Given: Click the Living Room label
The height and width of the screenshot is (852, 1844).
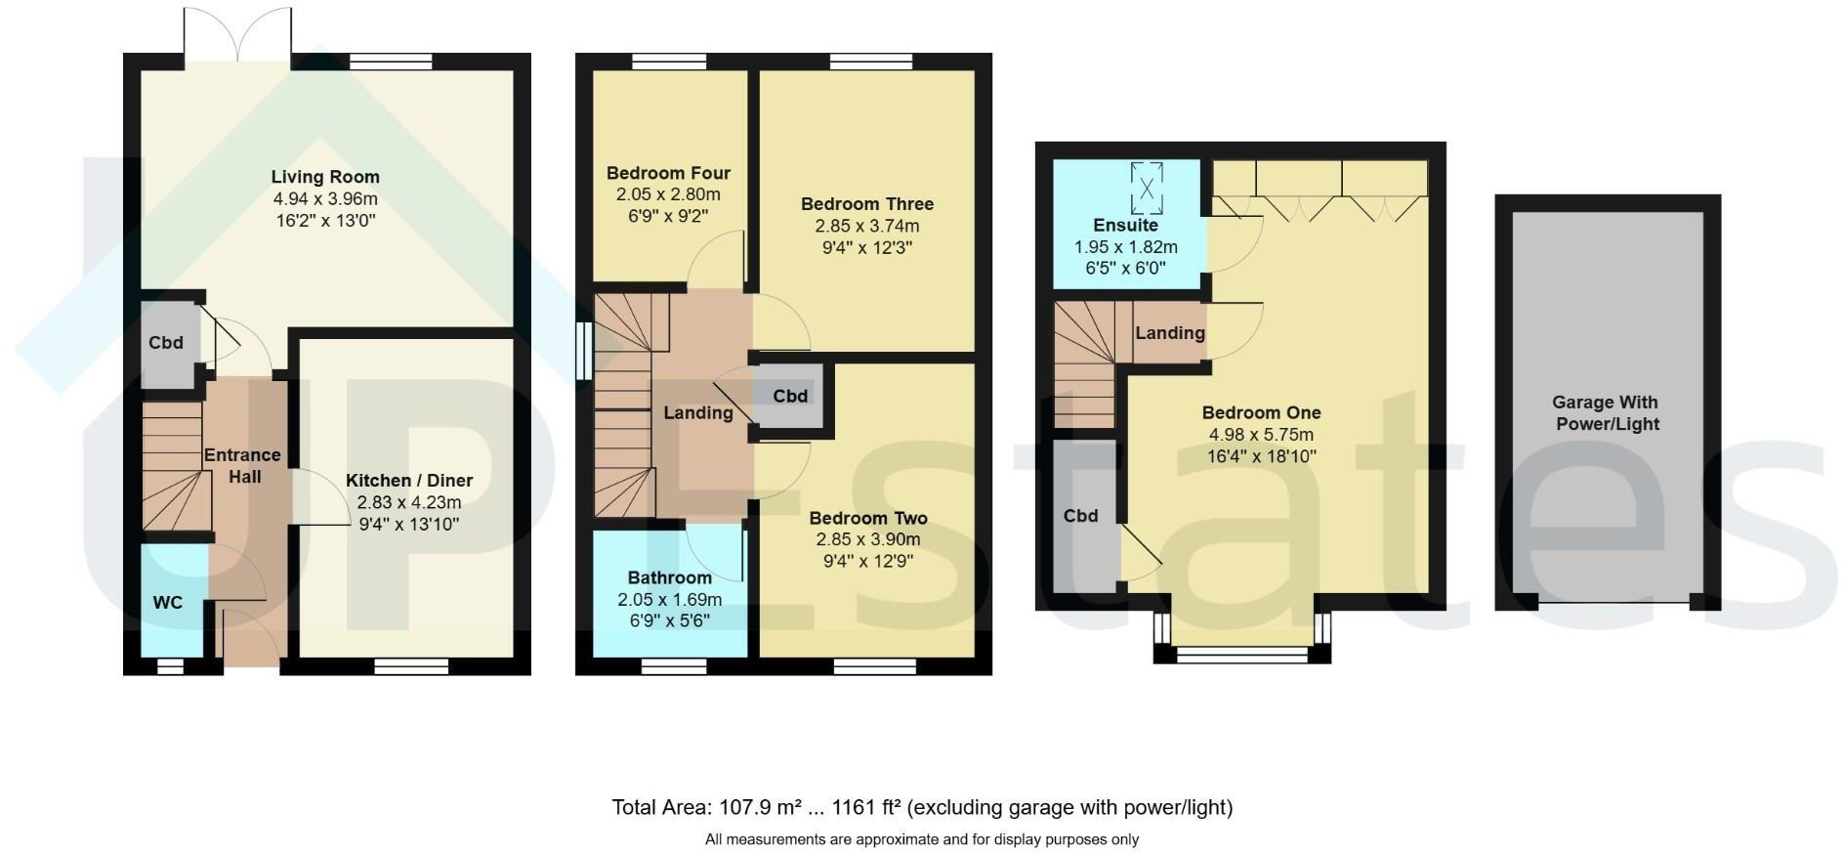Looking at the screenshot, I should [325, 177].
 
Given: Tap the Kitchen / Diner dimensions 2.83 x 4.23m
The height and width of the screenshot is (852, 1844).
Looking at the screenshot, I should [408, 502].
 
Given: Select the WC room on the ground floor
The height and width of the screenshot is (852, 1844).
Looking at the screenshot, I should [168, 603].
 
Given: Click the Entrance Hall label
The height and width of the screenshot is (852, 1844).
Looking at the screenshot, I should [242, 466].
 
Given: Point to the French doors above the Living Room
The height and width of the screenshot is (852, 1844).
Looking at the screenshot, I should [236, 34].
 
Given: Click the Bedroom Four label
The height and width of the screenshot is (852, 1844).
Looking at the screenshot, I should [668, 173].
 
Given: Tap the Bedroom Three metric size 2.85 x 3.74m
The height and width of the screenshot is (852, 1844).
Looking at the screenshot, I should [866, 226].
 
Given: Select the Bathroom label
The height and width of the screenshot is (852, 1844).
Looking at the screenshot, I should [669, 577].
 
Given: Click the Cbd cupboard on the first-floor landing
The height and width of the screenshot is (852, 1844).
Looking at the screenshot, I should [790, 396].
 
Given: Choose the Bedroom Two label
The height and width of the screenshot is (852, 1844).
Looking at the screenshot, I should [867, 518].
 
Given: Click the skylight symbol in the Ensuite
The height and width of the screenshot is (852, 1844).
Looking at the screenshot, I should [1147, 187].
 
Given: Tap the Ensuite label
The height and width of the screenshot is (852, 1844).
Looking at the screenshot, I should [1125, 225].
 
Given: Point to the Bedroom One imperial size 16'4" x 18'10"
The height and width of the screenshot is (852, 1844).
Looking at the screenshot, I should [1261, 456].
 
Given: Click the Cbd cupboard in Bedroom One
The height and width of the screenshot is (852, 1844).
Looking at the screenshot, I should [1081, 516].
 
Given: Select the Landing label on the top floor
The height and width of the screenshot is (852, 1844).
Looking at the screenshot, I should [1169, 333].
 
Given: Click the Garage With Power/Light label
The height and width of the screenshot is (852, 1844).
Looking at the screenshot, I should [1606, 412].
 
